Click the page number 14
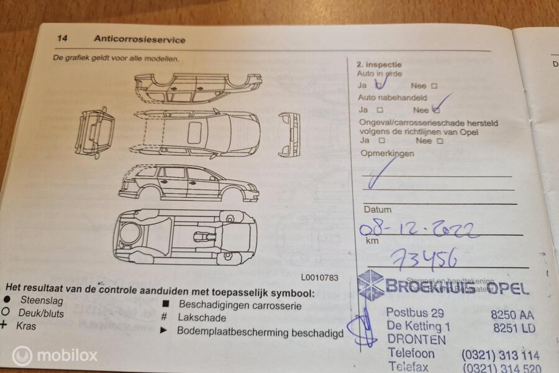62,39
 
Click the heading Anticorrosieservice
139,39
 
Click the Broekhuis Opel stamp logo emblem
371,285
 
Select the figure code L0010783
319,278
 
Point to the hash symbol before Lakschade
165,318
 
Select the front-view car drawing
289,134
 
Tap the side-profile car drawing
188,183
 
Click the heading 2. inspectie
379,64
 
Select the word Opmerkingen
387,154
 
